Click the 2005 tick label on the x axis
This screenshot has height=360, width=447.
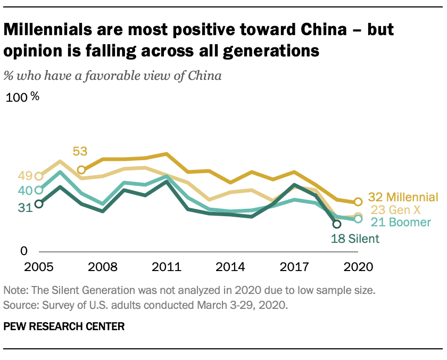click(38, 266)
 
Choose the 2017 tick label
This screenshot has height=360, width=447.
click(294, 266)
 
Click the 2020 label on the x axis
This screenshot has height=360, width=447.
click(358, 266)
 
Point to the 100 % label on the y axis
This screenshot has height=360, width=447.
click(22, 97)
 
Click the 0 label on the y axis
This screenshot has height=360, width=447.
click(23, 250)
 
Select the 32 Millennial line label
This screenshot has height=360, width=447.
click(403, 197)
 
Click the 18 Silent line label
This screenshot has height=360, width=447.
click(356, 239)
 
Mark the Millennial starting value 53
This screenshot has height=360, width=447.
click(80, 152)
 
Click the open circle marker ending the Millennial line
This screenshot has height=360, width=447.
click(358, 202)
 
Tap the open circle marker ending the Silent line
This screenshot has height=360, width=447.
click(337, 224)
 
